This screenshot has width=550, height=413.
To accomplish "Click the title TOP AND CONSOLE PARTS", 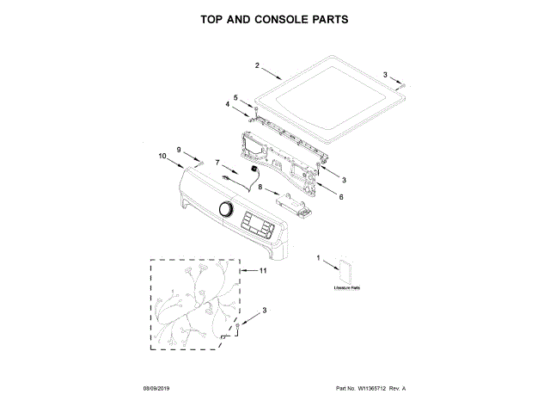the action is pos(274,18).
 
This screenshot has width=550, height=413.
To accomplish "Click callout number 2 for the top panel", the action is pos(257,65).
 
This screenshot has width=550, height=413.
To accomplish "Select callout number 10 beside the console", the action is pos(162,156).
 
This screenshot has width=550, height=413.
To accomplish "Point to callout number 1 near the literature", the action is pos(319,257).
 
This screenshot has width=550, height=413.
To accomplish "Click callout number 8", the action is pos(260,186).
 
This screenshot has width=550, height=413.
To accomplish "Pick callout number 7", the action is pos(217,162).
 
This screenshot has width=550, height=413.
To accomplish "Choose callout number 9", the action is pos(180,151).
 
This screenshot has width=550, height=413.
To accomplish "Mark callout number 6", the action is pos(341,197).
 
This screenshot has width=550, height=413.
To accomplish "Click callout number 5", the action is pos(236,97).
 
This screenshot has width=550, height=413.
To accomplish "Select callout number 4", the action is pos(229,105).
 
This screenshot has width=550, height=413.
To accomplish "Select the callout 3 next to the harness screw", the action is pos(265,310).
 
